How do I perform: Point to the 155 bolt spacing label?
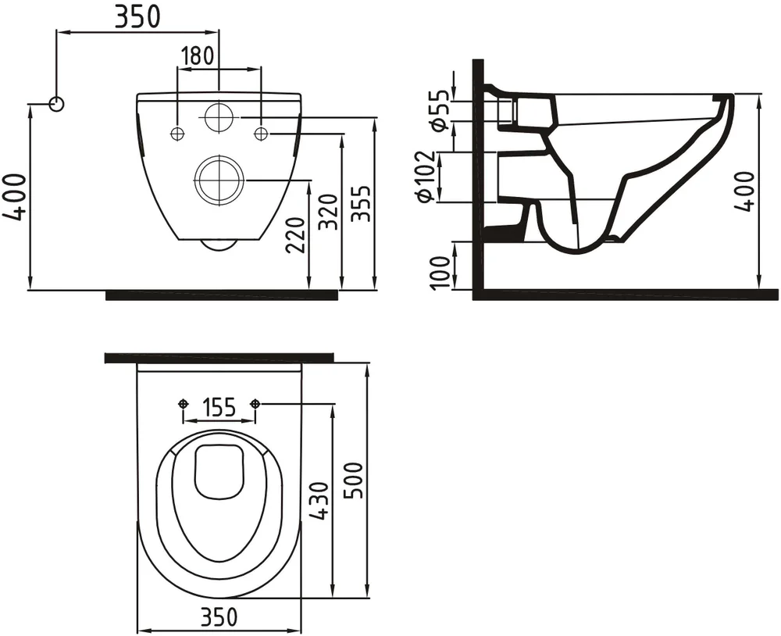tap(219, 408)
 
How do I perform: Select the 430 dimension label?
tap(318, 502)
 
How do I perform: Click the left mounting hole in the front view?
tap(177, 134)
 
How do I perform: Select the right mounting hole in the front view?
tap(261, 134)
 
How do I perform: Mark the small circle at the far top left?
tap(56, 103)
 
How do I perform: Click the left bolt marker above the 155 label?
tap(183, 403)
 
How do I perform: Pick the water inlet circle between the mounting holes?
tap(218, 117)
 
